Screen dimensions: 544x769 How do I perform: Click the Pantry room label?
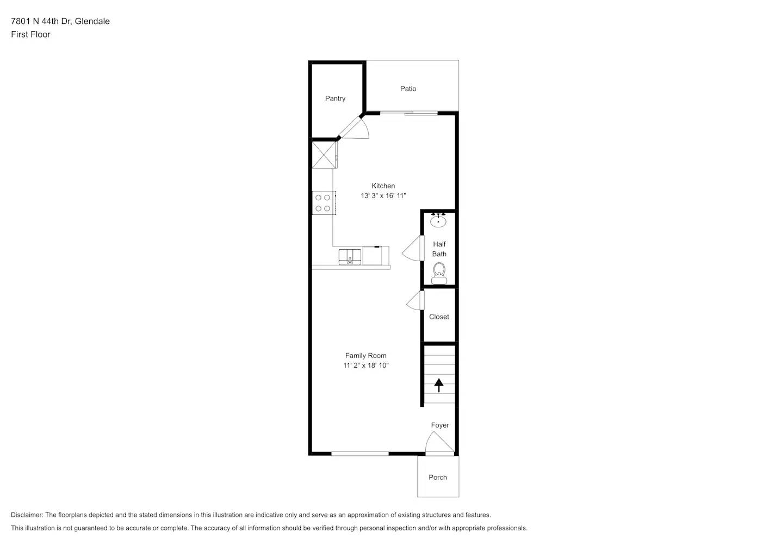[x=335, y=98]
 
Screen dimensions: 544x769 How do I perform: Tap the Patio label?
[x=408, y=89]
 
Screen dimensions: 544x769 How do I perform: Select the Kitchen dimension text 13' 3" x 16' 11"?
[x=383, y=196]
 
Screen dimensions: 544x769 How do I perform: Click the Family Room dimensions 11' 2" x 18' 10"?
[x=365, y=366]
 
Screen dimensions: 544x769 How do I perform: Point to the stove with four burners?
[x=323, y=203]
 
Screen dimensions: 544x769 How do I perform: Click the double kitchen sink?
[x=350, y=256]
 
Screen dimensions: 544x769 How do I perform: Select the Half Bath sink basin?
[x=438, y=221]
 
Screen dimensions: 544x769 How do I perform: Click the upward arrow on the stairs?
[x=439, y=385]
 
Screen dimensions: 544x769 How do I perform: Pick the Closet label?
[x=439, y=317]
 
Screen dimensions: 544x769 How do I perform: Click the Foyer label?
[x=440, y=425]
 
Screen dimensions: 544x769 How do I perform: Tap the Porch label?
[x=437, y=478]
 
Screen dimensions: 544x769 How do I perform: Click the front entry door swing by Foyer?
[x=438, y=442]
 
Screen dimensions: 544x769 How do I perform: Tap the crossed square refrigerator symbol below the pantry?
[x=323, y=155]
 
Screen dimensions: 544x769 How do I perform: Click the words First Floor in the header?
[x=30, y=34]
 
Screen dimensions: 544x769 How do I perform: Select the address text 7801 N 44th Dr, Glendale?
[x=60, y=21]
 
